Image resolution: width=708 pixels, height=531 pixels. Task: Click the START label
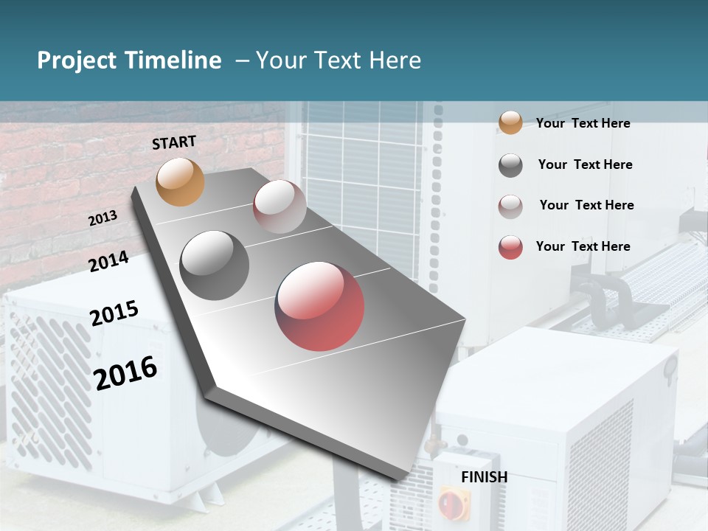tap(174, 142)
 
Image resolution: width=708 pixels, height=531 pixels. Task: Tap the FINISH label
tap(485, 477)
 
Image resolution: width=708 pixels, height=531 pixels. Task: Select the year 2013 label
tap(103, 218)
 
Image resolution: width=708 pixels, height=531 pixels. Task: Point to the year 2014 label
tap(108, 261)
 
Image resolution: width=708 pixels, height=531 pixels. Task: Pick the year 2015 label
tap(114, 313)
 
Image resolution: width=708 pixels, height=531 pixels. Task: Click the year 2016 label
tap(125, 372)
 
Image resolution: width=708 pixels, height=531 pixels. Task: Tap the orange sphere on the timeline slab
tap(181, 181)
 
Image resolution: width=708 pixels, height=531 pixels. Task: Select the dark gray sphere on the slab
tap(215, 265)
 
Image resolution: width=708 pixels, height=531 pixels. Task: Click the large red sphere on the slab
tap(319, 306)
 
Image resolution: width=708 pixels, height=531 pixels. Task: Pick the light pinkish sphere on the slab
tap(280, 206)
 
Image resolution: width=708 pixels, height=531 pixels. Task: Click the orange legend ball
tap(510, 123)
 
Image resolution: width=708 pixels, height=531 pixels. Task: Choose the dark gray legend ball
tap(510, 165)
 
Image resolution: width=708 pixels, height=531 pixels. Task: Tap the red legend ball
tap(510, 247)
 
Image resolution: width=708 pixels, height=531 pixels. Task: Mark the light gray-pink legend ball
tap(510, 206)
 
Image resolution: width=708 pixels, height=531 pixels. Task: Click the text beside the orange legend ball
tap(583, 123)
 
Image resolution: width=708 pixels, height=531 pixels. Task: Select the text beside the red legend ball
tap(583, 246)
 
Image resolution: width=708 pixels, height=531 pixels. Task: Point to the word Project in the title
tap(77, 60)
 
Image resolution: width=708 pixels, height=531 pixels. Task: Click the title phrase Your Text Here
tap(339, 60)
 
